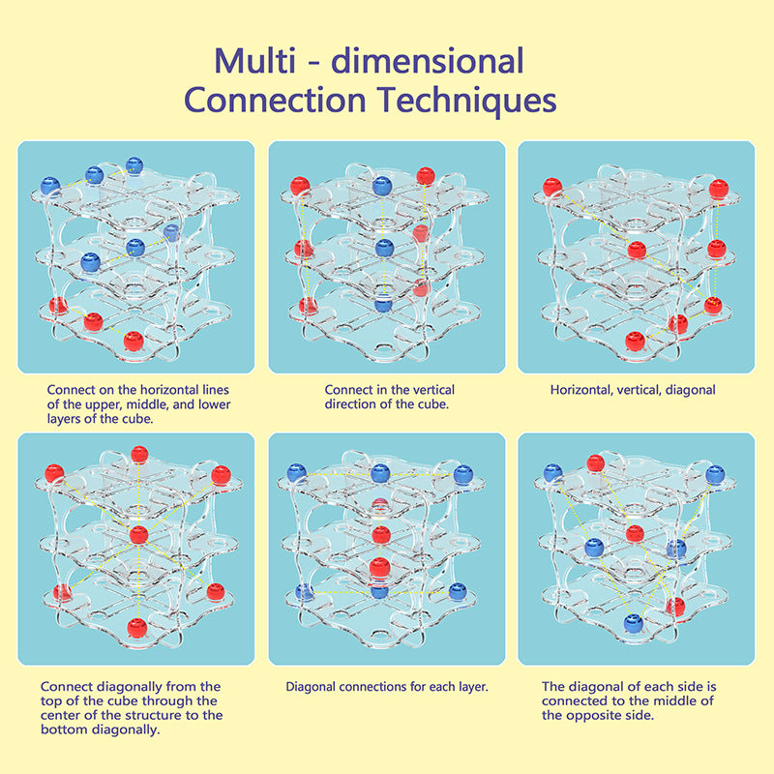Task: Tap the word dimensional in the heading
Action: pyautogui.click(x=427, y=61)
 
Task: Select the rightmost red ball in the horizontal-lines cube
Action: pyautogui.click(x=134, y=340)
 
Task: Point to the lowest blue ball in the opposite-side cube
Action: pyautogui.click(x=634, y=625)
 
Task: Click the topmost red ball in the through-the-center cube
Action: pyautogui.click(x=139, y=455)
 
